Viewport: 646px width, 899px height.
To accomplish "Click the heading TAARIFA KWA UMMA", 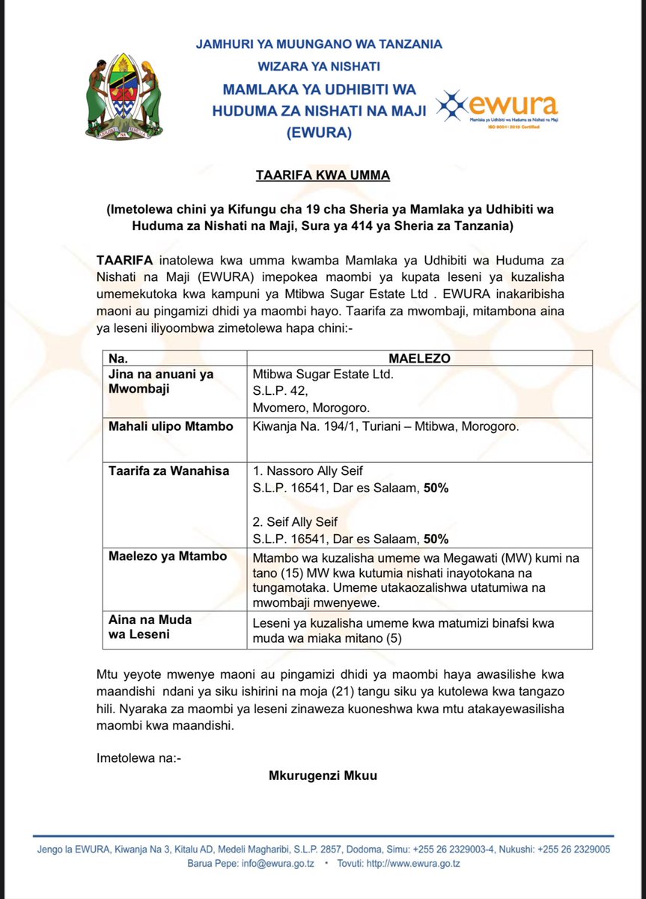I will pos(322,175).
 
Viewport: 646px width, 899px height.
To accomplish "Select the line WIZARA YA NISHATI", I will pos(319,67).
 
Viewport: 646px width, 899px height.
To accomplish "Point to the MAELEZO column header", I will pos(419,358).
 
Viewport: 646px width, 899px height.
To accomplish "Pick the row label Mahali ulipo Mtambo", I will pos(171,427).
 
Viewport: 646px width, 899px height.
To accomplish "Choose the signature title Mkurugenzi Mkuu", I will pos(323,775).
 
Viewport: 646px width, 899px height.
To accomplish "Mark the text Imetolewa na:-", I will pos(139,758).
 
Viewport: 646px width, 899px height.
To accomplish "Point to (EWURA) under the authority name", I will pos(319,133).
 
